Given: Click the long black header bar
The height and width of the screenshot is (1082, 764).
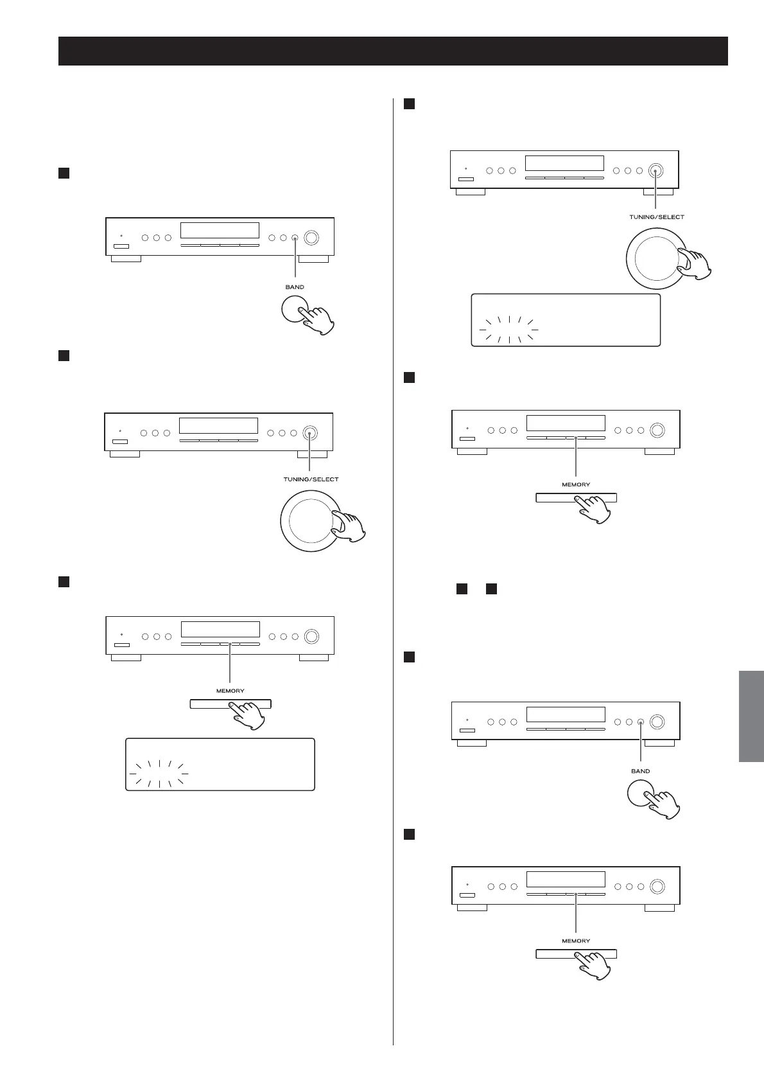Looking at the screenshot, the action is pyautogui.click(x=393, y=51).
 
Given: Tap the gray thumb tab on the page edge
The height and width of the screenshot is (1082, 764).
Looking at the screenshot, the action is pyautogui.click(x=751, y=716).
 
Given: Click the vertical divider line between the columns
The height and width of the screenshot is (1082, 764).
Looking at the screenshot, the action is pyautogui.click(x=393, y=578).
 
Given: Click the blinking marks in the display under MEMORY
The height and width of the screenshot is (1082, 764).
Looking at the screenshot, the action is pyautogui.click(x=159, y=774).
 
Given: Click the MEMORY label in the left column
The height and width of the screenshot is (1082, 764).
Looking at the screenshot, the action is pyautogui.click(x=230, y=691).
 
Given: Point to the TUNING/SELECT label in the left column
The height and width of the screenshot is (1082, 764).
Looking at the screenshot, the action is pyautogui.click(x=311, y=479).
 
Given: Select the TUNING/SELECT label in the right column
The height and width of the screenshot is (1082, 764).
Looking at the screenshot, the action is pyautogui.click(x=656, y=217).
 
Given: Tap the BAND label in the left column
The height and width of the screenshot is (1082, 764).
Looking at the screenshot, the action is pyautogui.click(x=295, y=287).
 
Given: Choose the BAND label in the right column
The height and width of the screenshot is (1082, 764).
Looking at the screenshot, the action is pyautogui.click(x=640, y=771).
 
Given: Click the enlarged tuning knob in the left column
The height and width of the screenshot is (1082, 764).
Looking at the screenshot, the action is pyautogui.click(x=309, y=520).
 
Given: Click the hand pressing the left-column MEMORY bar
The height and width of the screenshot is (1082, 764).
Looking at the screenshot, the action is pyautogui.click(x=249, y=714).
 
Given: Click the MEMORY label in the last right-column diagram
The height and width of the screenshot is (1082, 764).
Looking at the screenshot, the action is pyautogui.click(x=576, y=941).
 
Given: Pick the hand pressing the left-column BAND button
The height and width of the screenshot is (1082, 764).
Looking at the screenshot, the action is pyautogui.click(x=318, y=320).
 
